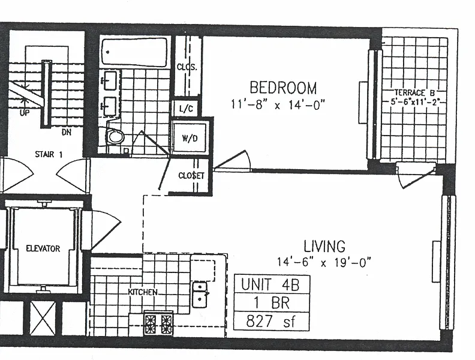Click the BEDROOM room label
coord(283,88)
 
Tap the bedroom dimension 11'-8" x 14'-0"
coord(278,104)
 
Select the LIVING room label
coord(324,246)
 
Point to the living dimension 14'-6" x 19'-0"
coord(324,262)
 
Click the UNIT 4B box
coord(272,284)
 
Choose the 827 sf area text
coord(270,321)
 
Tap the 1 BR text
coord(272,303)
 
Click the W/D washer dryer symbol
coord(190,137)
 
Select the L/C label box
coord(186,109)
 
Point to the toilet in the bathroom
coord(115,137)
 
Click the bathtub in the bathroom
coord(134,52)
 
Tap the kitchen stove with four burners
coord(158,323)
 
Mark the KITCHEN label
coord(143,292)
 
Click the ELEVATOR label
coord(43,249)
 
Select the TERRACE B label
coord(414,93)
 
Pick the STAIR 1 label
coord(49,155)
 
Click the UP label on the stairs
coord(25,113)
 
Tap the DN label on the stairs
coord(67,132)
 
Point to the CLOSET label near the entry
coord(191,176)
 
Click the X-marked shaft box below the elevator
coord(43,318)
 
